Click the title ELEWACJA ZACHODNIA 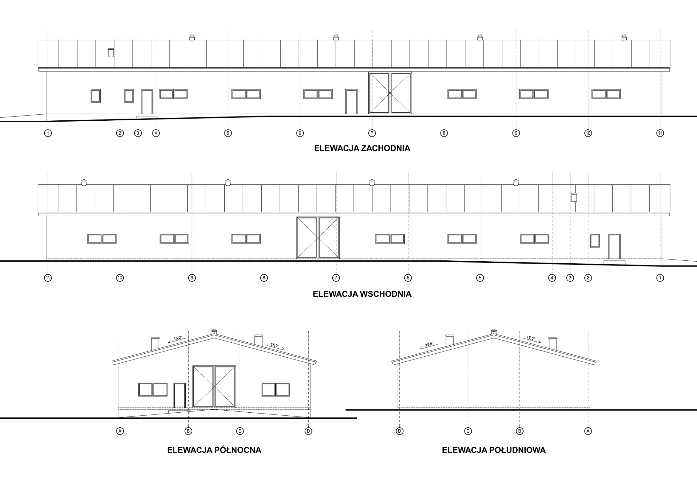pos(362,148)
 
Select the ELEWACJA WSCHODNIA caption pos(362,294)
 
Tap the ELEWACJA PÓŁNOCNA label pos(214,450)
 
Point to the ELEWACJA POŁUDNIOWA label pos(494,450)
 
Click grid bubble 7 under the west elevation pos(372,133)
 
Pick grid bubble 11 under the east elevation pos(48,278)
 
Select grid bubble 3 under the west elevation pos(138,133)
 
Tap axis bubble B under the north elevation pos(188,431)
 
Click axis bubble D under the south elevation pos(400,431)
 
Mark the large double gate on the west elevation pos(390,93)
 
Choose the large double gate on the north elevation pos(214,386)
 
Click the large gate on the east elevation pos(318,237)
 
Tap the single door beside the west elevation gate pos(351,102)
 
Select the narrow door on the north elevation pos(179,395)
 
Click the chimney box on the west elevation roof pos(111,53)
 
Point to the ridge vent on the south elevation pos(494,331)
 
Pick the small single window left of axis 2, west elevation pos(96,96)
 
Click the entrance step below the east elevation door pos(614,262)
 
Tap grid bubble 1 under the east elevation pos(660,278)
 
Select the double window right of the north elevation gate pos(276,389)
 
